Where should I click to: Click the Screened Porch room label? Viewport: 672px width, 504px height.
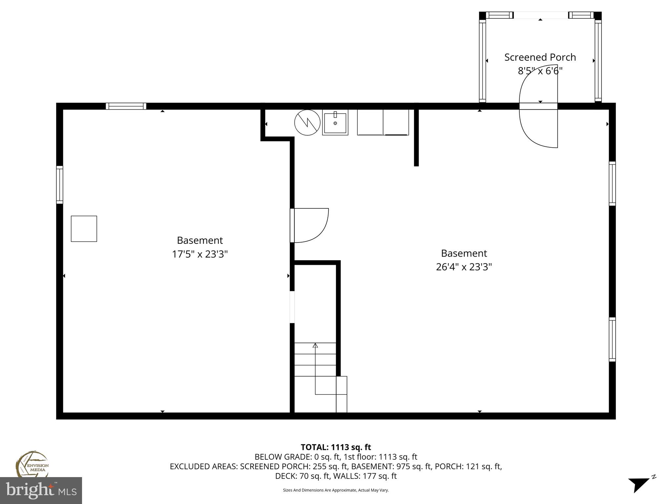click(x=540, y=57)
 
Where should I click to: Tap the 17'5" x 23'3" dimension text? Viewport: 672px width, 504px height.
click(x=200, y=254)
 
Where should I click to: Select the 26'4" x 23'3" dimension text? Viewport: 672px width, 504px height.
click(x=464, y=267)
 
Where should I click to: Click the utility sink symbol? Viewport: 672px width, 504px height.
click(x=335, y=123)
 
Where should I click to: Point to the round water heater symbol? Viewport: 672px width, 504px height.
click(x=307, y=122)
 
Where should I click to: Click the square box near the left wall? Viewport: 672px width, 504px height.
click(x=84, y=229)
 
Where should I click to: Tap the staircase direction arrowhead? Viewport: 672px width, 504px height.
click(x=315, y=345)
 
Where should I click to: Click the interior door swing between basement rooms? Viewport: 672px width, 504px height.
click(x=310, y=225)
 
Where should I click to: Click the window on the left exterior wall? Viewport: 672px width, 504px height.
click(x=59, y=185)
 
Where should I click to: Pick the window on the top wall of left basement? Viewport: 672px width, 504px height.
click(x=126, y=106)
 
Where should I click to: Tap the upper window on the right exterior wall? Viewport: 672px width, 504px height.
click(x=612, y=184)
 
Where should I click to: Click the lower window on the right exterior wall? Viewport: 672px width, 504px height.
click(x=612, y=339)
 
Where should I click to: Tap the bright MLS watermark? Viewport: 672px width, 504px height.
click(x=41, y=491)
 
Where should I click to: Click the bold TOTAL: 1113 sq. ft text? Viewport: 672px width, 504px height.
click(x=336, y=447)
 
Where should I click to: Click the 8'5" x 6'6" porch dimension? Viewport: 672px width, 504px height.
click(x=540, y=71)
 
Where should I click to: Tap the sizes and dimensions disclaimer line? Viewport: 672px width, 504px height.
click(x=336, y=490)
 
